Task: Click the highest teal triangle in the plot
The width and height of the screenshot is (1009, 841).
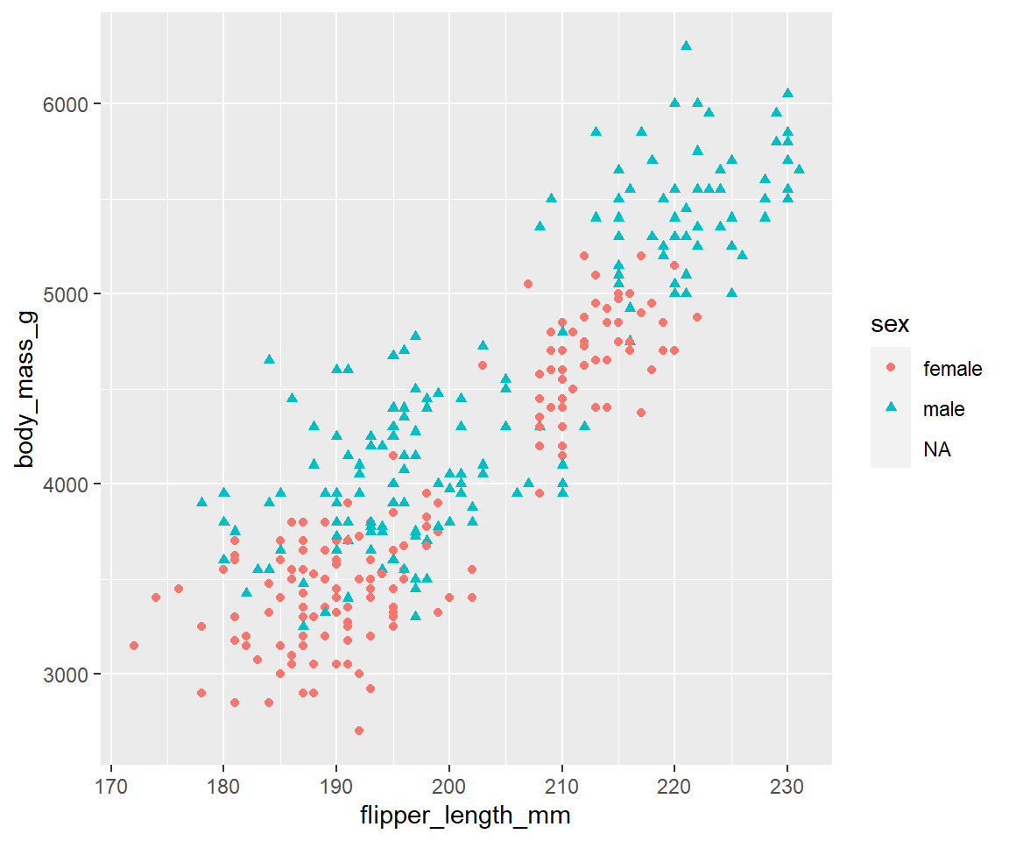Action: (686, 46)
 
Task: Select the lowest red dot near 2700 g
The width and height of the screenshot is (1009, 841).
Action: (359, 731)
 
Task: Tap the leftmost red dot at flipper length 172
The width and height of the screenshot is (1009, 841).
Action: (134, 646)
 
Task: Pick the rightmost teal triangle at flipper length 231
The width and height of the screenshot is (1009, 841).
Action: (799, 169)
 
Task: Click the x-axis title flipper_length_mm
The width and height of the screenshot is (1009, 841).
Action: (466, 816)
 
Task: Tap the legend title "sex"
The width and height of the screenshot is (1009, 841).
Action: (889, 325)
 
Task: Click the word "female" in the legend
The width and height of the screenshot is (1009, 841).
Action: (952, 369)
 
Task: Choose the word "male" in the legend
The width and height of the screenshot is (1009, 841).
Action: (943, 409)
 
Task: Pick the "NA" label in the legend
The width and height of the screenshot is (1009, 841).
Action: (936, 449)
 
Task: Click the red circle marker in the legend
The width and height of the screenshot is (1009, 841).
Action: (891, 369)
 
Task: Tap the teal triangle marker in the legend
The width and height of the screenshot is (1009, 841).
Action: (891, 408)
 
